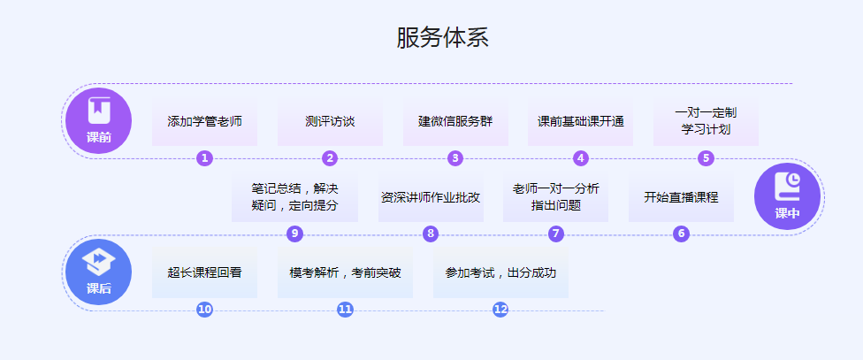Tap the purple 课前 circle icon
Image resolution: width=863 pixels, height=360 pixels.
click(99, 120)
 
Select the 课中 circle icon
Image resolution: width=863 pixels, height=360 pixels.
click(787, 196)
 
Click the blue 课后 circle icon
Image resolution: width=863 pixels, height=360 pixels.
click(99, 272)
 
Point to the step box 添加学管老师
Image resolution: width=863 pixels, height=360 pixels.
click(204, 121)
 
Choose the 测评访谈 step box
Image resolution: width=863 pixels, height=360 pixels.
click(330, 121)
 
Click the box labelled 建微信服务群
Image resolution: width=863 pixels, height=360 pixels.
click(455, 121)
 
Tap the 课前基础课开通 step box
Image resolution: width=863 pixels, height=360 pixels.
click(581, 121)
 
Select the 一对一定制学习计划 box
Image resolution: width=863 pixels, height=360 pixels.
click(706, 121)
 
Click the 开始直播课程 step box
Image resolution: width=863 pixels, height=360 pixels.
click(681, 197)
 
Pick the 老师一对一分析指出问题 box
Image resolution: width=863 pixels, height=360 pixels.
click(555, 197)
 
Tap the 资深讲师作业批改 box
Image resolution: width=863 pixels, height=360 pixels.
click(431, 197)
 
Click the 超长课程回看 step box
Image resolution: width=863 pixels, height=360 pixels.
click(204, 272)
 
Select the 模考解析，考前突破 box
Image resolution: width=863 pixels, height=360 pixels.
click(345, 272)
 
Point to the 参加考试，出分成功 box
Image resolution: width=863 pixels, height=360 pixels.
click(500, 272)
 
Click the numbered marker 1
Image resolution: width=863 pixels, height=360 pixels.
click(205, 158)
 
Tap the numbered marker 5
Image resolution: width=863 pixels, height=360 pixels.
click(706, 158)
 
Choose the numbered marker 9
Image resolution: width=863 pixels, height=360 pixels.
click(295, 234)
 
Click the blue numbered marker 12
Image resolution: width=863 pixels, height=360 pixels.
click(500, 310)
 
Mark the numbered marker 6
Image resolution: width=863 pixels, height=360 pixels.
click(681, 234)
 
